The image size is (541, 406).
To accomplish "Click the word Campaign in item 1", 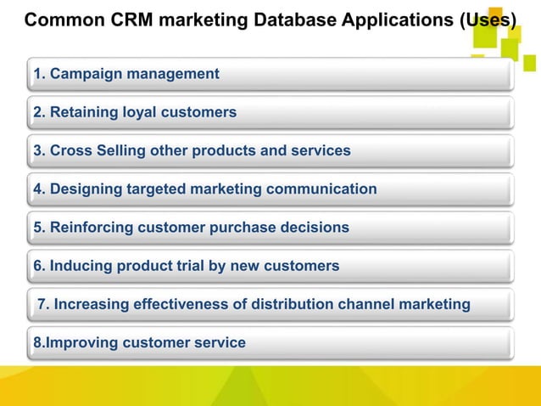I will click(x=86, y=75).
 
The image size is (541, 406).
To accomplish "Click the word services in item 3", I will click(x=320, y=151).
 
